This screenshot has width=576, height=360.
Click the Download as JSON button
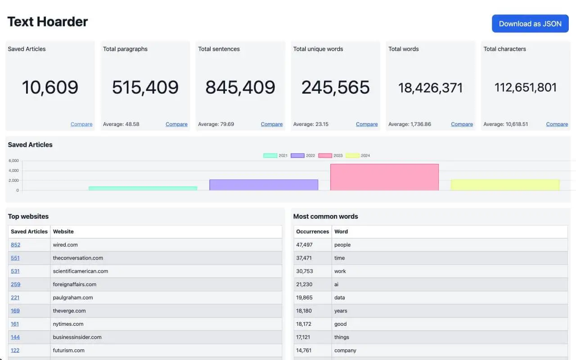(x=530, y=24)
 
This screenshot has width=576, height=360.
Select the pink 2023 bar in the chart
(x=384, y=177)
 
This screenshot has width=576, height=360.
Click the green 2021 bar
(x=143, y=188)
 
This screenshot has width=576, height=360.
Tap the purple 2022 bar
(x=264, y=185)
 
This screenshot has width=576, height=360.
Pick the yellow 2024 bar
(x=505, y=185)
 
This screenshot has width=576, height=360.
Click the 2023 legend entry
(x=331, y=156)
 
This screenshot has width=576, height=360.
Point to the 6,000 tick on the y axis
(x=13, y=161)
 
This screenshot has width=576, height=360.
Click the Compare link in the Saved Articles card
(x=81, y=124)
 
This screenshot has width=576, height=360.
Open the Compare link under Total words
(x=462, y=124)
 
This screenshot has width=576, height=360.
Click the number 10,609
(x=50, y=87)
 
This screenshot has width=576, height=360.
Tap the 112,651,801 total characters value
(x=526, y=87)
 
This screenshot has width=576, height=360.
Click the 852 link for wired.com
(x=15, y=245)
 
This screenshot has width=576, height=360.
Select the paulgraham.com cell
(x=73, y=297)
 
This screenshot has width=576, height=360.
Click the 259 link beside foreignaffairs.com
(x=15, y=284)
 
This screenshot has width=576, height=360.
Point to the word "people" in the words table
(x=342, y=245)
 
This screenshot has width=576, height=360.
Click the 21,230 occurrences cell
(x=304, y=284)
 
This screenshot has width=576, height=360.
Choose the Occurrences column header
(x=312, y=231)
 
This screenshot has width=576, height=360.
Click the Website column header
(x=63, y=231)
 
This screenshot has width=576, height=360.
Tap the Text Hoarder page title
(x=48, y=21)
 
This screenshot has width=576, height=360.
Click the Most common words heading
(x=325, y=216)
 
